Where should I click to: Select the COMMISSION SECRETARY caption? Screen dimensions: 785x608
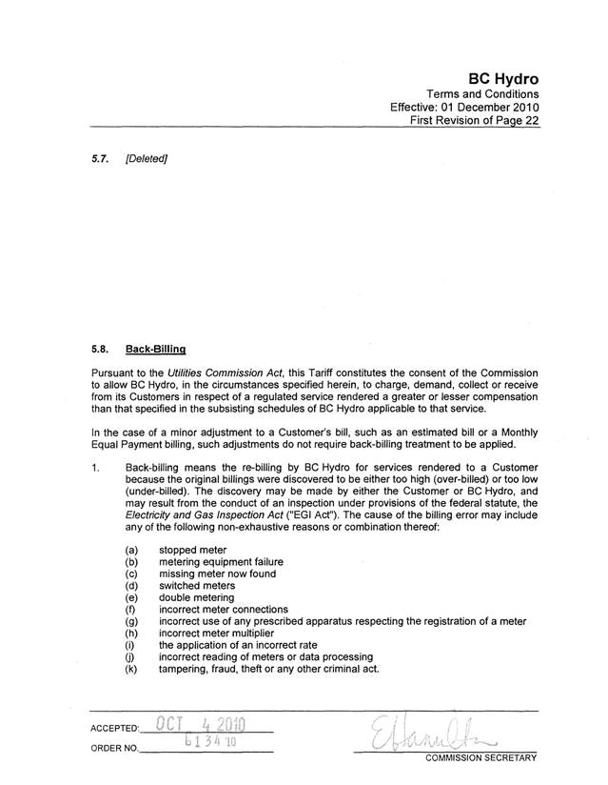[x=481, y=759]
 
